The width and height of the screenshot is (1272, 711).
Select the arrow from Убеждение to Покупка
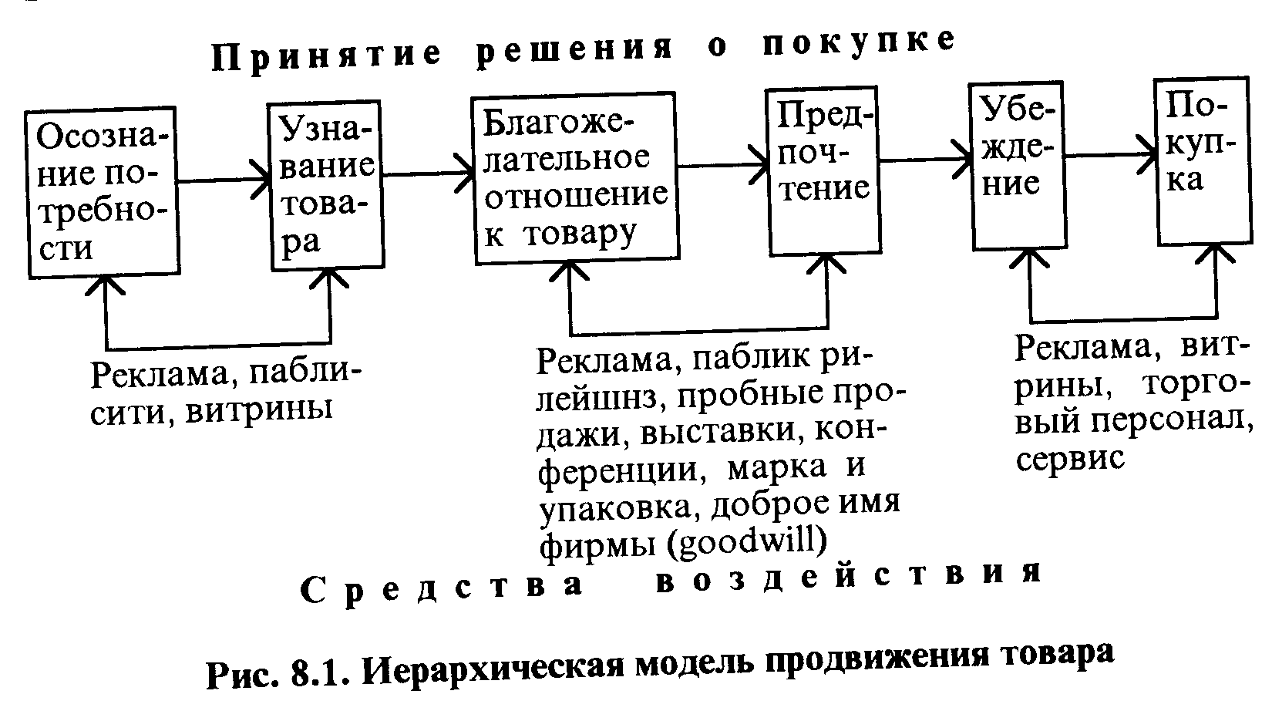1111,154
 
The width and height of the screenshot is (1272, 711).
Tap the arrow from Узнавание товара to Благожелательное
429,174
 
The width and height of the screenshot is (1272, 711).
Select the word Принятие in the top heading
327,57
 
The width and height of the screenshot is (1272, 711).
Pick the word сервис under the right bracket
1070,460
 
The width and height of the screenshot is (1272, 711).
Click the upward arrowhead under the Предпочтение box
826,264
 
